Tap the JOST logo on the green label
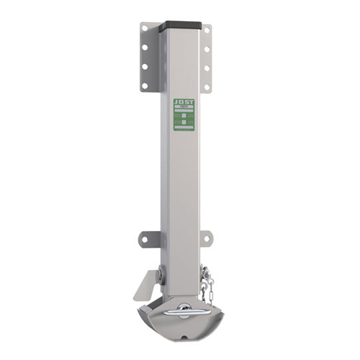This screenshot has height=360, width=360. (183, 102)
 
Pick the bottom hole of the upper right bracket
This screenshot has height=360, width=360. (207, 87)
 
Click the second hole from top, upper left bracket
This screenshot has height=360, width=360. (144, 49)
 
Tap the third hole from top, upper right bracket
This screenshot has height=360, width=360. (207, 69)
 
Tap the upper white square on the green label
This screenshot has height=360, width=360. (183, 115)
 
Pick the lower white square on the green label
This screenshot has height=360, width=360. (183, 124)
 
